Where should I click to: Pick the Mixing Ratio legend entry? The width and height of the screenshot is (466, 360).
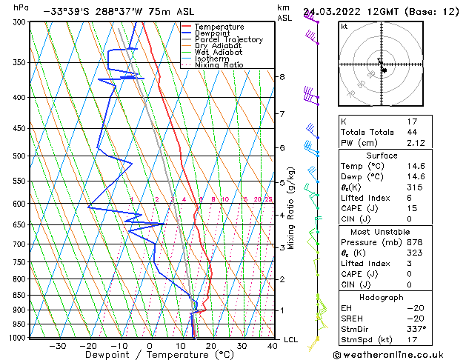click(x=219, y=65)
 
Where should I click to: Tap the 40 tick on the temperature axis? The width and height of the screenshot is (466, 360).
click(x=273, y=346)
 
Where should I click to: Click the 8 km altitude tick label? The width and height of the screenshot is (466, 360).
click(x=282, y=77)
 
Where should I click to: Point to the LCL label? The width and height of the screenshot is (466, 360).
click(x=291, y=339)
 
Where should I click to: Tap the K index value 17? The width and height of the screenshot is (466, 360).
click(x=413, y=121)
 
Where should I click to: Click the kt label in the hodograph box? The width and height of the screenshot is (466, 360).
click(x=344, y=27)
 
